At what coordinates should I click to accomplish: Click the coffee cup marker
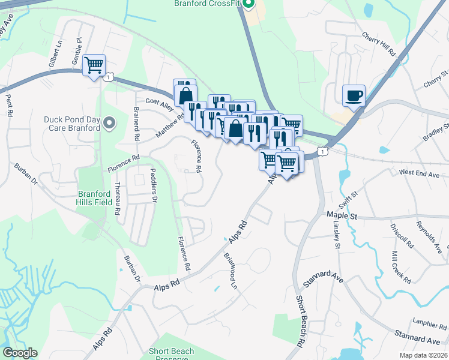(354, 95)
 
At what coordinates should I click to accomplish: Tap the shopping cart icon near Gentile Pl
(94, 64)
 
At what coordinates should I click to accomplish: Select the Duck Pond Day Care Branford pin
(109, 124)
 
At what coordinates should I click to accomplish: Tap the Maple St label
(342, 214)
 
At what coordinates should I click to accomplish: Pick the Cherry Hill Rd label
(379, 45)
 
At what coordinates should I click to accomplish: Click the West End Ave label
(420, 173)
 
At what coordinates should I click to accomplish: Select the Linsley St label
(336, 235)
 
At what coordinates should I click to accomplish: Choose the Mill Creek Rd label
(399, 267)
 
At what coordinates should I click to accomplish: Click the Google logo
(20, 353)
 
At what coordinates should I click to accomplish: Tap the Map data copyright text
(424, 355)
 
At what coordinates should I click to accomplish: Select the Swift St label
(351, 196)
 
